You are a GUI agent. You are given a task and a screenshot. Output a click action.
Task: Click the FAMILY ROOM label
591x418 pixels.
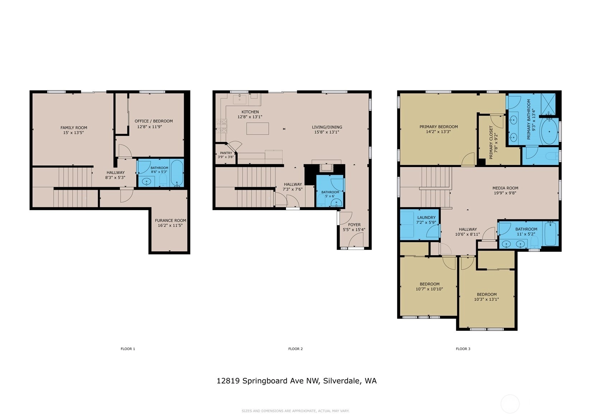tap(74, 128)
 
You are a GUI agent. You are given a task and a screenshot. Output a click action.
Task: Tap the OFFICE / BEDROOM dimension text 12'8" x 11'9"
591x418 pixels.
tap(149, 127)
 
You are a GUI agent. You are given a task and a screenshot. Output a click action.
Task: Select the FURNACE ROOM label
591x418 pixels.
tap(170, 220)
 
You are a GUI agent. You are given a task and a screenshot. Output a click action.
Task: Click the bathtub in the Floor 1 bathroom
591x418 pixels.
tap(177, 173)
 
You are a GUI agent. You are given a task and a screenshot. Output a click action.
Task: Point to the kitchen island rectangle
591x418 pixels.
tap(258, 129)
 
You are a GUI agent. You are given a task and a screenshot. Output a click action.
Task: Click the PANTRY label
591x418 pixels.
tap(226, 153)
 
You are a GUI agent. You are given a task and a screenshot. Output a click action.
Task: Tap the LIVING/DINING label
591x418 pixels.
tap(327, 127)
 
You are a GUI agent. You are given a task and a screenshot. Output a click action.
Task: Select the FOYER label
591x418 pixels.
tap(354, 225)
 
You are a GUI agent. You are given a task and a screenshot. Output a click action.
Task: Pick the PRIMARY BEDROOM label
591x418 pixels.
tap(439, 127)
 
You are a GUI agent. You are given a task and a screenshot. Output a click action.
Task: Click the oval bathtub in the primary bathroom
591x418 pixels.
tap(549, 131)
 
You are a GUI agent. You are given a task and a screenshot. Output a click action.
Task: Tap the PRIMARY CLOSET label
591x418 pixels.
tap(491, 143)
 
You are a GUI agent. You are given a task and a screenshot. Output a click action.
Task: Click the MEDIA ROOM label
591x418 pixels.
tap(505, 188)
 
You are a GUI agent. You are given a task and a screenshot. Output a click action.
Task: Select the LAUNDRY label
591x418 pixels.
tap(426, 218)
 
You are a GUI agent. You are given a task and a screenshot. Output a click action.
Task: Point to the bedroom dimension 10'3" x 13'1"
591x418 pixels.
tap(487, 299)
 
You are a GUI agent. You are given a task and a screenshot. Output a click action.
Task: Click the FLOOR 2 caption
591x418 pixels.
tap(296, 349)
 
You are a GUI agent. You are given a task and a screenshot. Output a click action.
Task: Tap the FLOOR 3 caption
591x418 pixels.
tap(463, 349)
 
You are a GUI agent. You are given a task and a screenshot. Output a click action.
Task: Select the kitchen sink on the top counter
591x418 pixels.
tap(240, 100)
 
